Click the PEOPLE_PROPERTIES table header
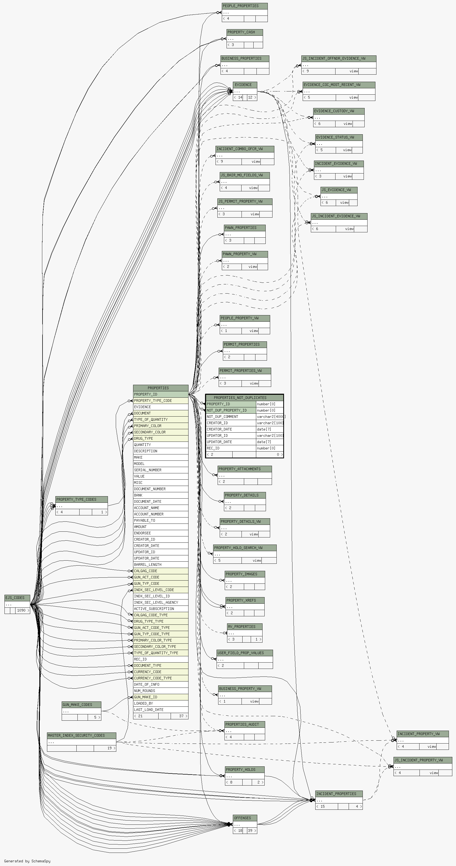(244, 6)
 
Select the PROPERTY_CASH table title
(244, 32)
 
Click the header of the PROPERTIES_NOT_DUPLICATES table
(244, 398)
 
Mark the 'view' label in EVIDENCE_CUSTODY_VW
(348, 124)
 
